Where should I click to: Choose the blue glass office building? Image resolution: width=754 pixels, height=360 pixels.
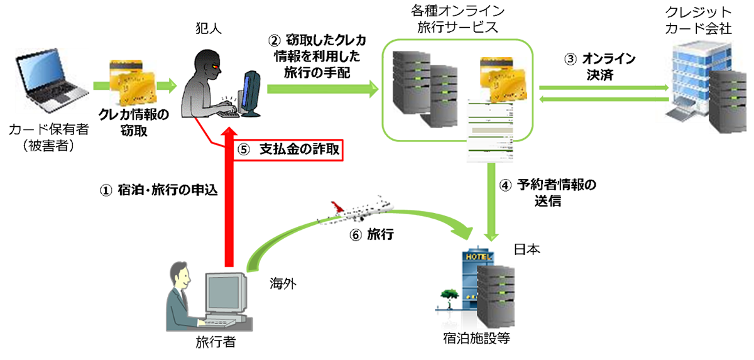[x=691, y=82]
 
